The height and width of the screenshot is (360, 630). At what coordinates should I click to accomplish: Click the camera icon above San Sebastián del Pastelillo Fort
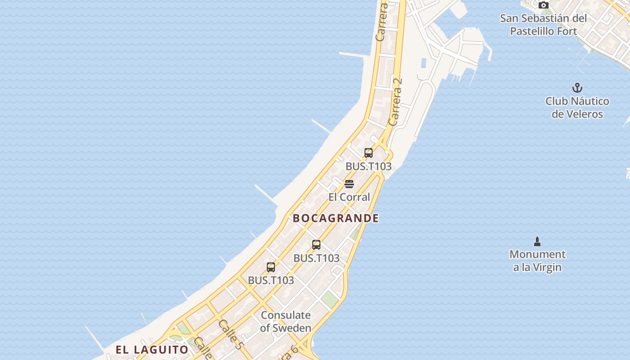[544, 5]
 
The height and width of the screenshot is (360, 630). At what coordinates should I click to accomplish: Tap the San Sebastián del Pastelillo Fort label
[544, 25]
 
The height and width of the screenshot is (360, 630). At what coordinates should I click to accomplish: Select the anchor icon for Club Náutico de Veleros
[577, 88]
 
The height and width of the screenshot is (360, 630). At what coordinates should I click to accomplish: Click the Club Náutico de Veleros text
[577, 108]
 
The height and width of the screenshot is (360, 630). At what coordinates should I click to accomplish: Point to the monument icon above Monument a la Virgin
[537, 242]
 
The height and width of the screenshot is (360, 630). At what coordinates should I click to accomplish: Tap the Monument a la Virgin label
[537, 261]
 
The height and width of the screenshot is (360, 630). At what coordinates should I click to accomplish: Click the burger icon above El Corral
[349, 184]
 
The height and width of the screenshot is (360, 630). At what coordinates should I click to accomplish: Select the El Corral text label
[349, 197]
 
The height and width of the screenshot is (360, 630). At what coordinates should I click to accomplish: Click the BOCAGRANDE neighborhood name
[336, 218]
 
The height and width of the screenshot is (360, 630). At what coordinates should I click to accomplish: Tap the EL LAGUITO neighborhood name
[152, 350]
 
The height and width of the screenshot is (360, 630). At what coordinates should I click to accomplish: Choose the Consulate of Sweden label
[286, 321]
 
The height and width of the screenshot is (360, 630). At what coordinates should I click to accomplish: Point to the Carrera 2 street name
[395, 102]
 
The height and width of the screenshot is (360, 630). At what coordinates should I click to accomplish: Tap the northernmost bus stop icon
[369, 153]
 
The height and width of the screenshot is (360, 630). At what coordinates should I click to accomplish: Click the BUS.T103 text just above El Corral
[369, 166]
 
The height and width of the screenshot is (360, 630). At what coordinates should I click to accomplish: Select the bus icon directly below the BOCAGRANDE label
[316, 245]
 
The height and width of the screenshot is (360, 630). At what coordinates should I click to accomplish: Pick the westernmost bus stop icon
[271, 267]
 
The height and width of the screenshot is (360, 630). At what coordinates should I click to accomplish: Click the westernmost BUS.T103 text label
[271, 280]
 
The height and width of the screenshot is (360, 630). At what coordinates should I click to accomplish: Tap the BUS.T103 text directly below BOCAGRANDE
[316, 258]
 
